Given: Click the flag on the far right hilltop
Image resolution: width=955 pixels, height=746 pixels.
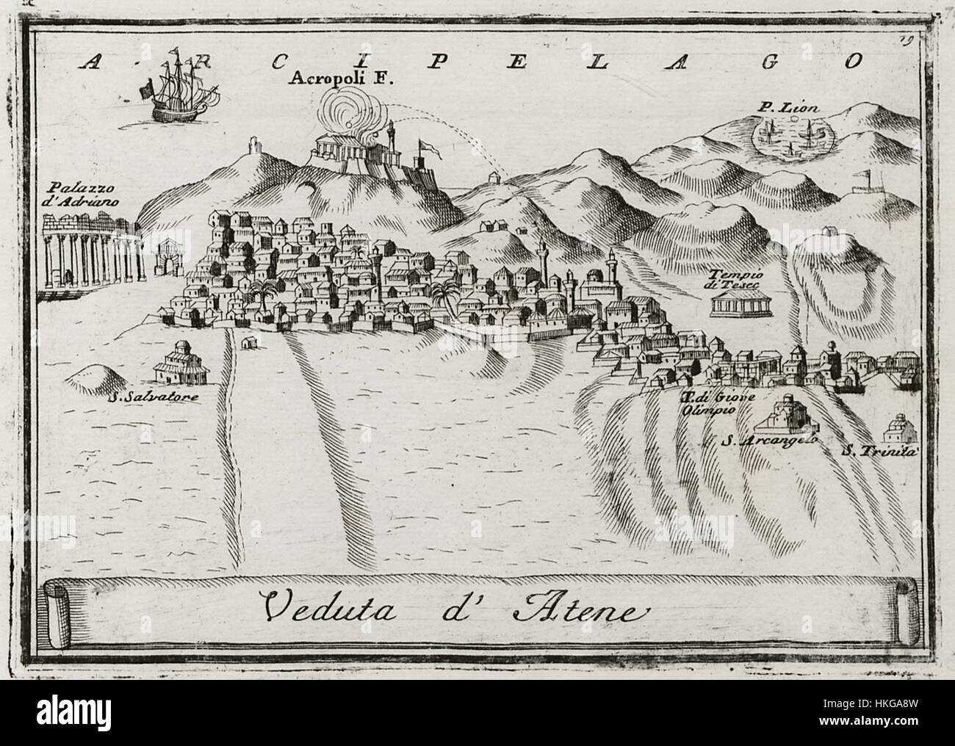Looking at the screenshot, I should [x=868, y=177].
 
